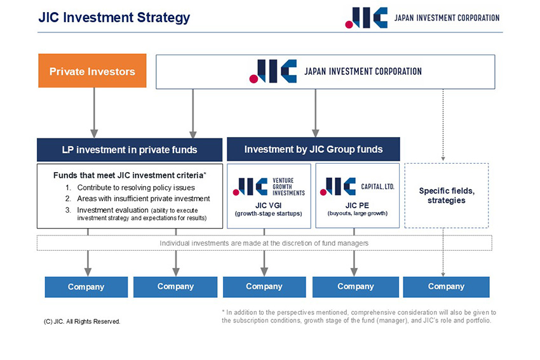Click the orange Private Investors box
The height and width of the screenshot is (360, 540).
click(x=92, y=71)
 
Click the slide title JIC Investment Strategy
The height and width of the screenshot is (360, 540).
click(x=114, y=18)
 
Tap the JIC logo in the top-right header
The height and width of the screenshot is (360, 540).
click(x=367, y=18)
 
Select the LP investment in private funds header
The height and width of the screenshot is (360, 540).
click(x=130, y=150)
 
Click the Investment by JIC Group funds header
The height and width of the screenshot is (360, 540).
click(x=313, y=149)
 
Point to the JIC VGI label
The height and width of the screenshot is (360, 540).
click(x=268, y=205)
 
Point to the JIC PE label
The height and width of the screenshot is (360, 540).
click(x=357, y=205)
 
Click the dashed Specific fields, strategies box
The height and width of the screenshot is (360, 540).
click(x=446, y=196)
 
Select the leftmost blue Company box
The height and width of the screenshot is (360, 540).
click(x=86, y=287)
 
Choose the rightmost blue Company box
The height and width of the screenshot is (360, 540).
click(x=446, y=287)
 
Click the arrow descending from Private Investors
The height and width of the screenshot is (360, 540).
click(x=94, y=112)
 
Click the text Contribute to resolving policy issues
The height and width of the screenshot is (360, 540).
click(x=136, y=188)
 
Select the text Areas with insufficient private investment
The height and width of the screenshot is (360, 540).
click(x=143, y=199)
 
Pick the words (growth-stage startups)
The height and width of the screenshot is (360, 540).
click(x=268, y=213)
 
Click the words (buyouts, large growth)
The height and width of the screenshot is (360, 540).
click(x=357, y=213)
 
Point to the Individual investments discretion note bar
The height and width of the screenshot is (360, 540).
click(x=264, y=243)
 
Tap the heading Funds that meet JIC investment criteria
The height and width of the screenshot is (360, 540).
click(x=129, y=175)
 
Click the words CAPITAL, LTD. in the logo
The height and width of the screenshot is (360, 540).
click(x=377, y=187)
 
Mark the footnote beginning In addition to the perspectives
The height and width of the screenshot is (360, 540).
click(x=359, y=316)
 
